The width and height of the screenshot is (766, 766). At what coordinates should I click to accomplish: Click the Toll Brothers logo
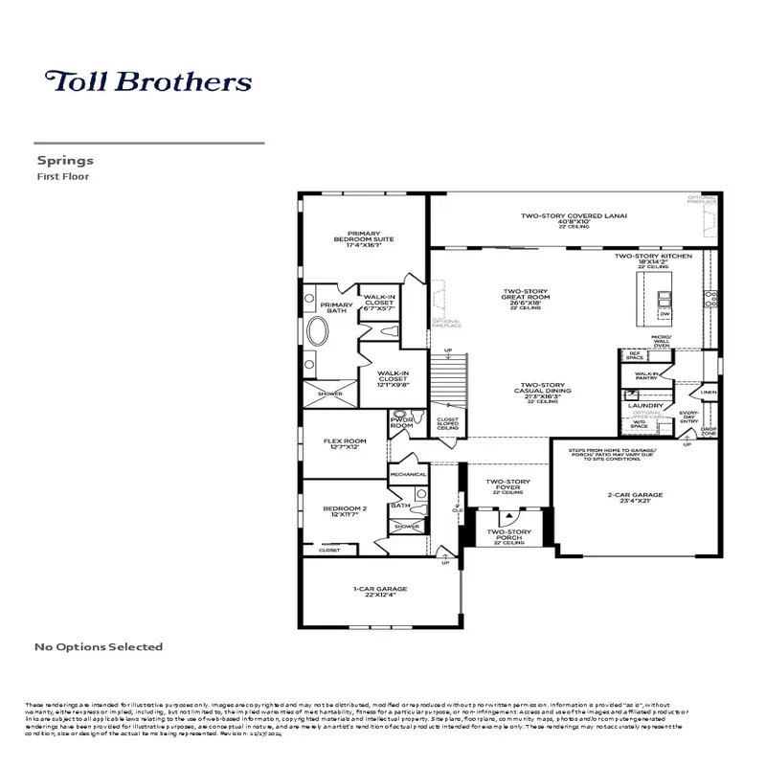tap(148, 80)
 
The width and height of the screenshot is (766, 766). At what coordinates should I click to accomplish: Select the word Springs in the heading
tap(64, 161)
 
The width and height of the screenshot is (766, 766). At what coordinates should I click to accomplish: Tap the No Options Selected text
tap(99, 647)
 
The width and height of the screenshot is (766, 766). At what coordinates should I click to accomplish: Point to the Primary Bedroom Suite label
tap(364, 238)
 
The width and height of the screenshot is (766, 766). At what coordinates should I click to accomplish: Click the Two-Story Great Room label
tap(527, 298)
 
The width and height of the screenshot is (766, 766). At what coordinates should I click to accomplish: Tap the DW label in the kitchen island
tap(664, 313)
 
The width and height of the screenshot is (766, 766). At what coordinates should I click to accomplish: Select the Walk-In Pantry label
tap(647, 376)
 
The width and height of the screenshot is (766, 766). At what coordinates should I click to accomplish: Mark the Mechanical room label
tap(408, 474)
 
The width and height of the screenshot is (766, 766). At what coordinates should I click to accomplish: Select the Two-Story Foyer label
tap(508, 485)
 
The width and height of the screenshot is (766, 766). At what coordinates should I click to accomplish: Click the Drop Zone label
tap(709, 430)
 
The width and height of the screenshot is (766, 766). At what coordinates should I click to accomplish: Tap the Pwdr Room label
tap(401, 422)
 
